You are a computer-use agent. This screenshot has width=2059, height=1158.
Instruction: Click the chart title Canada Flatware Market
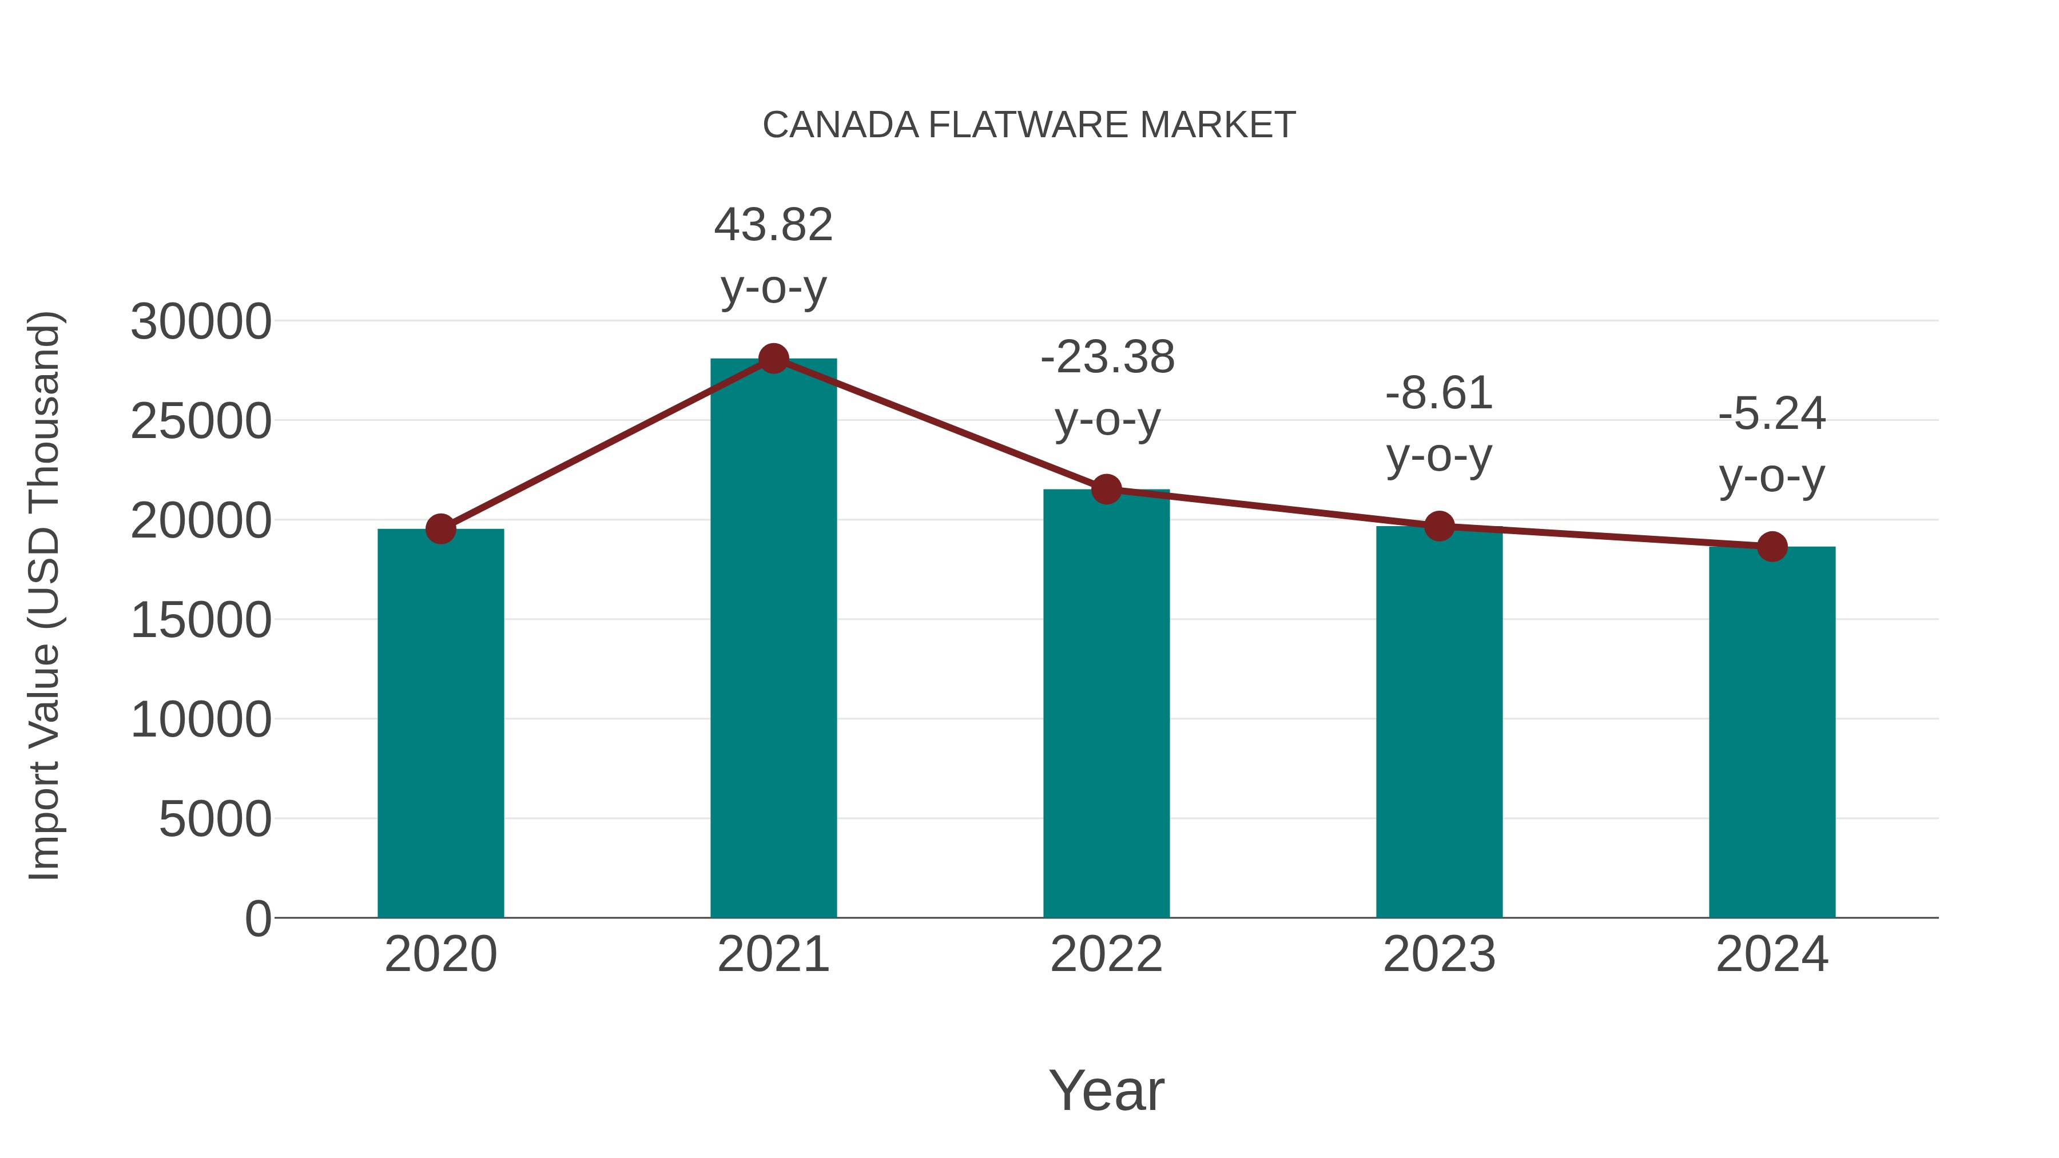1029,125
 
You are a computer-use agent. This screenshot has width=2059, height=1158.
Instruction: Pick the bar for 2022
1106,703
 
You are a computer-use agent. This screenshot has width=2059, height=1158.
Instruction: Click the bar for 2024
1772,732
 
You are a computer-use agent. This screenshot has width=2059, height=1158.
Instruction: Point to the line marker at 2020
440,528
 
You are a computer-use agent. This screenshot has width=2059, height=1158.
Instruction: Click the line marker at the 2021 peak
773,358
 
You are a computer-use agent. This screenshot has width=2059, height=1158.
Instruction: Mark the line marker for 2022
1106,489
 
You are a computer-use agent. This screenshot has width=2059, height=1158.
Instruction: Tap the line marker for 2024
1772,547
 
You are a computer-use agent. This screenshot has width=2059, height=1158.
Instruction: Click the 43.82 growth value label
773,225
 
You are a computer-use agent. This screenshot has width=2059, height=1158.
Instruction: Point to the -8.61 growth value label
1439,393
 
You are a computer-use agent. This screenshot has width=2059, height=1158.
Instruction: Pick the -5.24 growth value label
1772,413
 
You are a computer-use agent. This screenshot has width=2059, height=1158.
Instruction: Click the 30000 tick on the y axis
201,322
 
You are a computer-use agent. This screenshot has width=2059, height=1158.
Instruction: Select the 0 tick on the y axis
257,918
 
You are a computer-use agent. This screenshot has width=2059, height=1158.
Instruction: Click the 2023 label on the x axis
1439,954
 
